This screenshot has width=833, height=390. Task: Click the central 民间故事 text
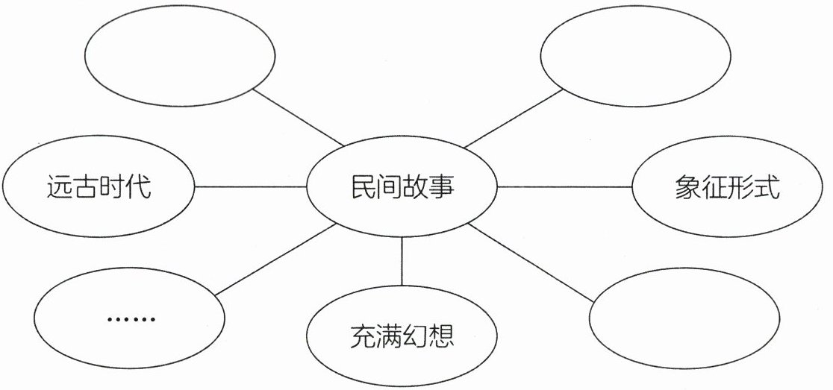(402, 187)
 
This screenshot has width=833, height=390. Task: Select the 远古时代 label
(98, 186)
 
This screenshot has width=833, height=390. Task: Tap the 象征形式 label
(727, 188)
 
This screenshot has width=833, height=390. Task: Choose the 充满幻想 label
(402, 337)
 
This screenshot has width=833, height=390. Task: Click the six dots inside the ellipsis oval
(131, 319)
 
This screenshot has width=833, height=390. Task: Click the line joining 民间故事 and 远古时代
(251, 186)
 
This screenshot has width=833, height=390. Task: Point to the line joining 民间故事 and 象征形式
(564, 187)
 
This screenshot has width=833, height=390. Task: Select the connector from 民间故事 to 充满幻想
(402, 260)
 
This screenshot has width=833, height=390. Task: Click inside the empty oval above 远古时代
(180, 57)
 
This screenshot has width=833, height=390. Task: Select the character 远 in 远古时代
(59, 186)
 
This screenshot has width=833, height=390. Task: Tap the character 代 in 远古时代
(137, 186)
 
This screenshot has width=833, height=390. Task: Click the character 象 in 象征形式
(688, 188)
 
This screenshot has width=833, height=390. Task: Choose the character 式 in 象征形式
(767, 188)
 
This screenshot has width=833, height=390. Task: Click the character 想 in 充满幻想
(440, 337)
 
